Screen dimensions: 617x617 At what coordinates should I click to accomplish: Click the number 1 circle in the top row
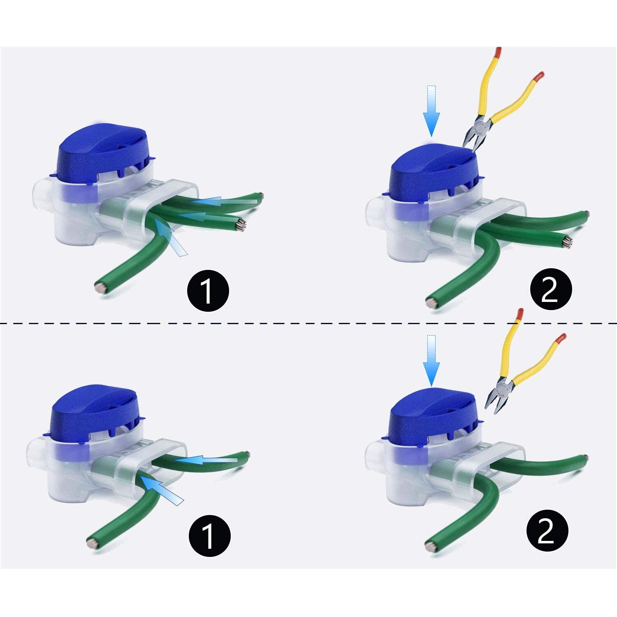[208, 291]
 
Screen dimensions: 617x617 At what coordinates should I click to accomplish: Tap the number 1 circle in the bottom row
[209, 536]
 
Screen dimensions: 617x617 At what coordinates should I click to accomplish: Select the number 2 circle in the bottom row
[547, 531]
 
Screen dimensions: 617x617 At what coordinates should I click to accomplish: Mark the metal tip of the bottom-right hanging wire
[429, 546]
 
